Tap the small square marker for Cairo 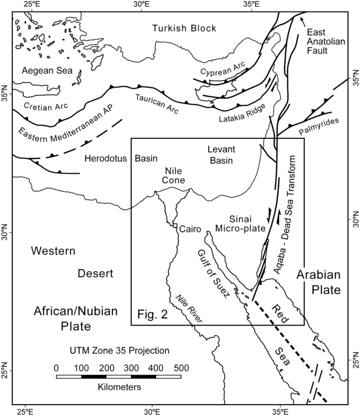point(175,226)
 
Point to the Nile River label point(188,310)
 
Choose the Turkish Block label point(184,29)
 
